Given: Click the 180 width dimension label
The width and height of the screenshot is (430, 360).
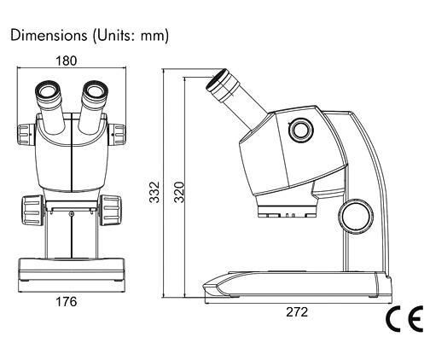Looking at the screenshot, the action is point(66,61).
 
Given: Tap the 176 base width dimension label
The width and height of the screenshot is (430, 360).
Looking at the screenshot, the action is point(66,302).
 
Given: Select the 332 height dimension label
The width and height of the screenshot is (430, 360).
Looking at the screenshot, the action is point(154,192).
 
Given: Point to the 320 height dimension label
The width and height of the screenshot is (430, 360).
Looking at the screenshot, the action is point(179,192).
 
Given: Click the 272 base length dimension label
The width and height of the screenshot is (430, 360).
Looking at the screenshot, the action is point(297,312).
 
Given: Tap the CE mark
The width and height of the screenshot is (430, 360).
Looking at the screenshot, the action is point(404,319).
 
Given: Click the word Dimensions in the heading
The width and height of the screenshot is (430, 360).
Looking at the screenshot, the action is point(49,36).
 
